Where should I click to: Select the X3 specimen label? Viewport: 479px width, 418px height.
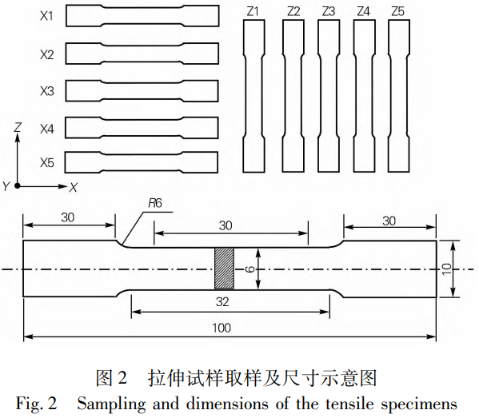click(46, 91)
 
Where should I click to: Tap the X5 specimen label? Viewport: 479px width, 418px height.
click(46, 163)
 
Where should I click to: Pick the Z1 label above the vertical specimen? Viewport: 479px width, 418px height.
click(254, 11)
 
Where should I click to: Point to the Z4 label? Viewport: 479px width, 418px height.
click(363, 11)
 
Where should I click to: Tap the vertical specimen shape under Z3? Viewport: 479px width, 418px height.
click(329, 96)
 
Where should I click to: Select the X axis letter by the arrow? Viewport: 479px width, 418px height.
click(73, 187)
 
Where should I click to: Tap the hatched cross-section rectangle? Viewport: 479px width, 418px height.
click(224, 269)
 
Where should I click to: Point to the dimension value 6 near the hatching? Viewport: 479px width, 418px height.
click(249, 269)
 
